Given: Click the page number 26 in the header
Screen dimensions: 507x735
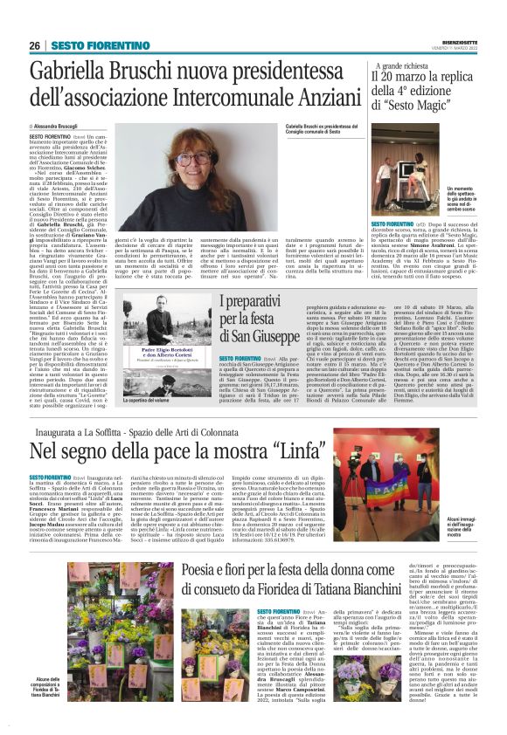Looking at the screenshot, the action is (x=35, y=45).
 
